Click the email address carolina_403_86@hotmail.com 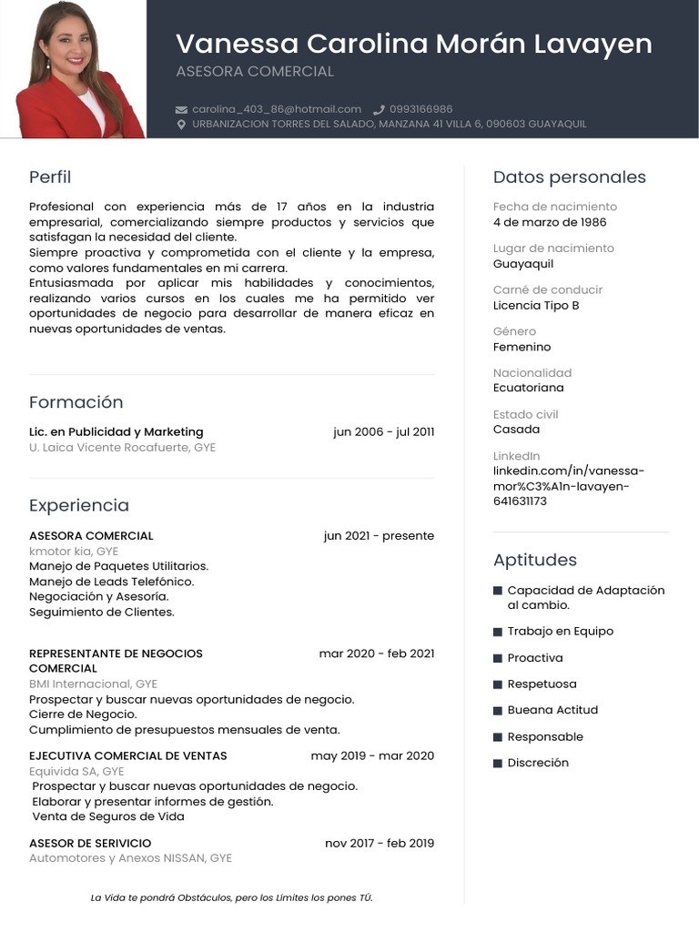(276, 109)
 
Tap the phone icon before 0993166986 (379, 109)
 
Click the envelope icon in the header (181, 109)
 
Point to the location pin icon (181, 124)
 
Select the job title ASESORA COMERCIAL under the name (255, 71)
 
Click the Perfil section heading (50, 177)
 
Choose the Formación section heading (76, 402)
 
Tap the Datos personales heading (569, 177)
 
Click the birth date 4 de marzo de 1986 (549, 222)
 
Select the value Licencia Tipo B (536, 305)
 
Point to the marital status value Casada (516, 429)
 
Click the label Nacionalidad (532, 372)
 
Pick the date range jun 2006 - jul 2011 (383, 431)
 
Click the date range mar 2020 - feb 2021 (376, 653)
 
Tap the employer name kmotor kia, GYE (74, 551)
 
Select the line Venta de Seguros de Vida (108, 816)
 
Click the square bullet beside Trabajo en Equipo (498, 632)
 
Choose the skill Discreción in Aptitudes (537, 763)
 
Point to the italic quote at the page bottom (231, 897)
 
